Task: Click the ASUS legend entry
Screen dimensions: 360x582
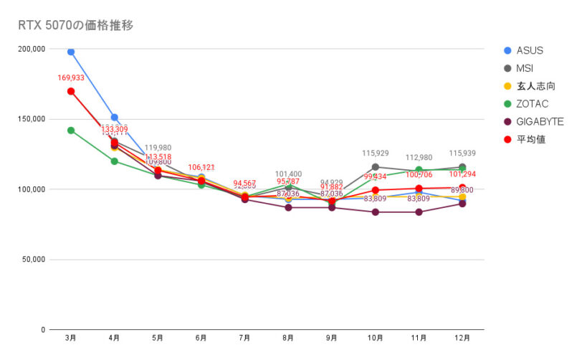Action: [529, 50]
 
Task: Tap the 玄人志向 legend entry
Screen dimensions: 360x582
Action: [535, 86]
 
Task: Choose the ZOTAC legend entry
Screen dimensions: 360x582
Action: [533, 104]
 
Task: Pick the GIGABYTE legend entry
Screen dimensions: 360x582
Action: [539, 122]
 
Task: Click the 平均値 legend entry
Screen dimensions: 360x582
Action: [531, 140]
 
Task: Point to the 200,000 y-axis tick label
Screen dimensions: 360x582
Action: [32, 49]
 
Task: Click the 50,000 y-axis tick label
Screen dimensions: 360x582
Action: [34, 260]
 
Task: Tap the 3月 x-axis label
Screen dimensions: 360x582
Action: [71, 337]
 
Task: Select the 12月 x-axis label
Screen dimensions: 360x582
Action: [462, 337]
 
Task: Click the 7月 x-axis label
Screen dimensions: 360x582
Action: [244, 337]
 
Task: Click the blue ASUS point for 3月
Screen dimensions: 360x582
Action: [71, 52]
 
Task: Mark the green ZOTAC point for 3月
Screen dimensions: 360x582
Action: [71, 131]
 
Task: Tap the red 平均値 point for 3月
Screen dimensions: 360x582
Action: [71, 91]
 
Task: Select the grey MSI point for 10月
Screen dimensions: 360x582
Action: [375, 167]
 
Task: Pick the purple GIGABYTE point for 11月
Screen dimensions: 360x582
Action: [419, 212]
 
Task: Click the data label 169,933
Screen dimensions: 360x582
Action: [71, 77]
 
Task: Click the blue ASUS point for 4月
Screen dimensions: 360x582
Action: [115, 117]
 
